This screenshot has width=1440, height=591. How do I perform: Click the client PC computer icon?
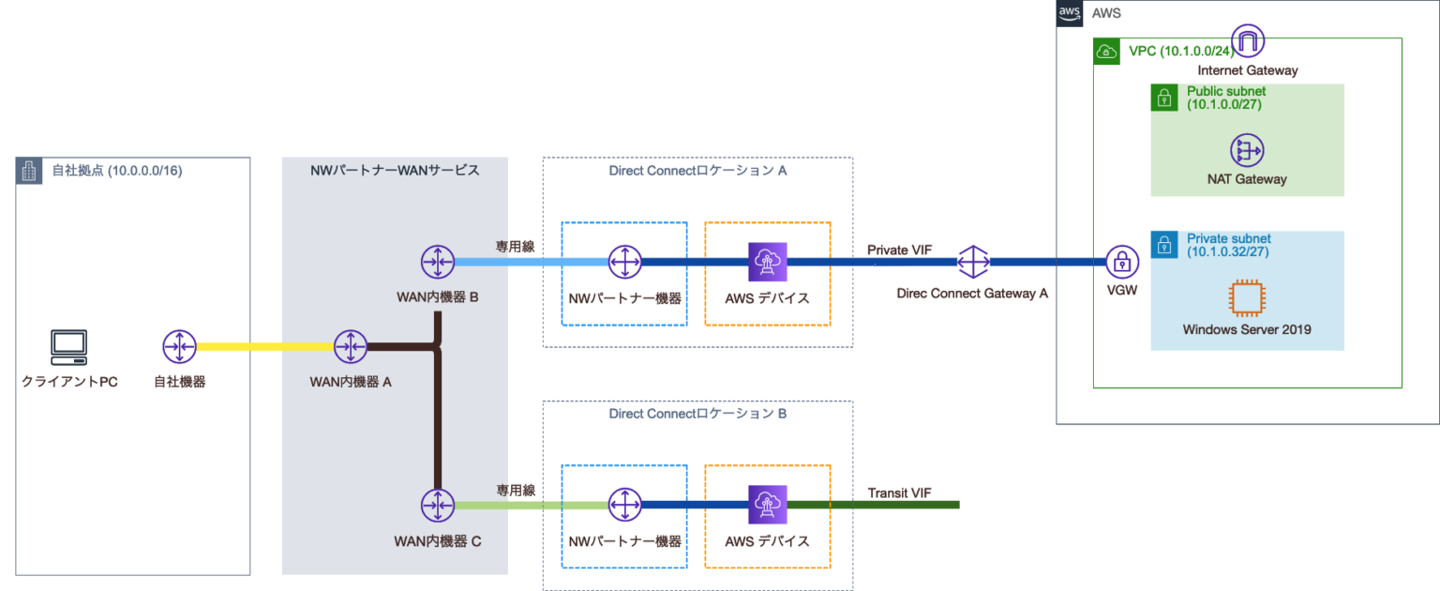68,347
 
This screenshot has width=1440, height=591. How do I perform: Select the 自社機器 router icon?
178,347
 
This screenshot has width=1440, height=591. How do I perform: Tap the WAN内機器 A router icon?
350,347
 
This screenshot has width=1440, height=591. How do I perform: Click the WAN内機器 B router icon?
437,262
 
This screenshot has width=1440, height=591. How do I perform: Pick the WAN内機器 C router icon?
437,505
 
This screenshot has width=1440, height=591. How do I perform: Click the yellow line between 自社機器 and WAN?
263,347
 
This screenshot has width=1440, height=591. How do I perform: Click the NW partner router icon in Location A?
623,263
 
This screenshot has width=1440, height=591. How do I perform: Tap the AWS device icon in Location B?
767,505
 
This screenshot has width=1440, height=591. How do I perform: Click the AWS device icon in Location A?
767,263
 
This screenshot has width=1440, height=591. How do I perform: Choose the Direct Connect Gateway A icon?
973,263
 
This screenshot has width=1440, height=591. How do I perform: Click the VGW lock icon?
1121,263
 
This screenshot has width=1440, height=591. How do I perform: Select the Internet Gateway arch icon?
1248,42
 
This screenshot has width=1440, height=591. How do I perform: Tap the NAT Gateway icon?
1247,150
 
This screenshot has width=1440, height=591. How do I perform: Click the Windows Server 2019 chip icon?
1246,299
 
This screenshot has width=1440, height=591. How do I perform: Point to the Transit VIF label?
899,492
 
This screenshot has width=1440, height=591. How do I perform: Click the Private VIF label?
899,249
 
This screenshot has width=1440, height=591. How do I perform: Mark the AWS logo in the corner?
1070,13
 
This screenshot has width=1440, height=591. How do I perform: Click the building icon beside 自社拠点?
29,171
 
